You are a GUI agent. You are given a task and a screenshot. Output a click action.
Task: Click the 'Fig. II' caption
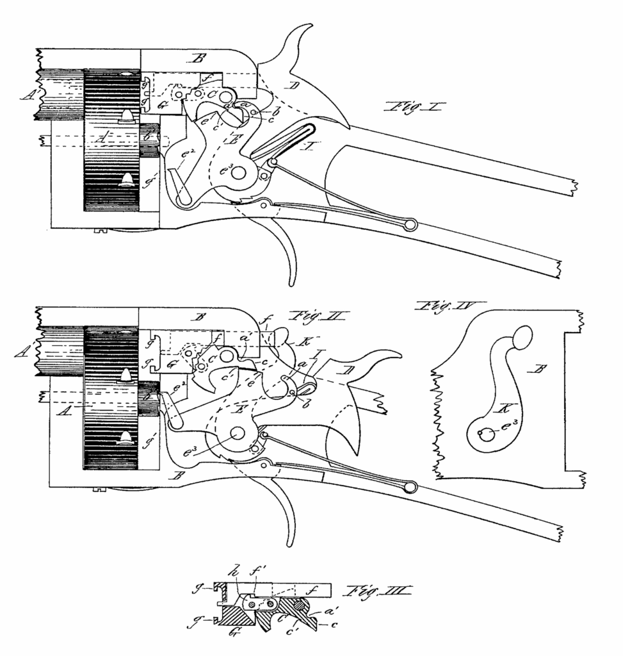(x=318, y=316)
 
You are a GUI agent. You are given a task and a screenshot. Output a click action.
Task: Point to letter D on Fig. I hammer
(x=295, y=86)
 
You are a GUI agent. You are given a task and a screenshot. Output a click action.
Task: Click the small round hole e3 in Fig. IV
(x=487, y=434)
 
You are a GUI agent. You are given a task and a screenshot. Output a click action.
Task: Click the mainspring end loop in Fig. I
(x=410, y=224)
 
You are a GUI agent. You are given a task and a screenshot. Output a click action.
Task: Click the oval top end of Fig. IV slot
(x=523, y=337)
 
